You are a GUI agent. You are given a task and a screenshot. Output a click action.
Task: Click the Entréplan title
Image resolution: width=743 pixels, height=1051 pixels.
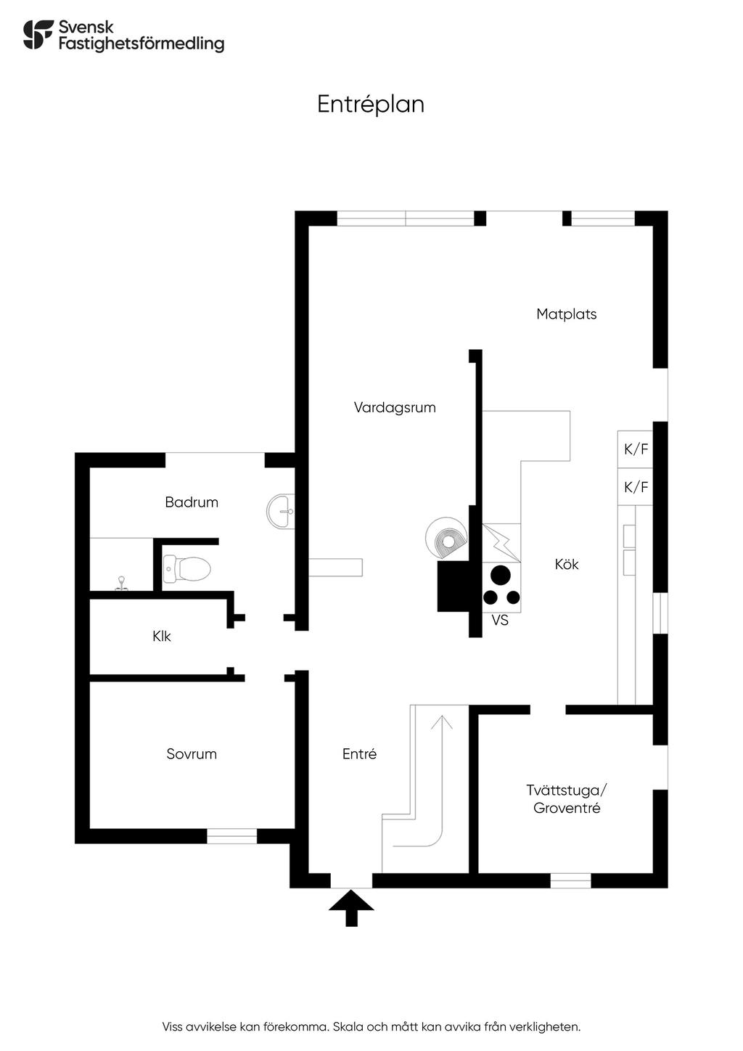[x=370, y=105]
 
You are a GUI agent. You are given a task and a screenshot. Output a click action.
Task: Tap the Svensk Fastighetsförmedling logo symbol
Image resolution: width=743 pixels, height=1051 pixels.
[x=38, y=35]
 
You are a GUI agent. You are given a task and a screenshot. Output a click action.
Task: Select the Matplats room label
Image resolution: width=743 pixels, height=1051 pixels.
[x=566, y=314]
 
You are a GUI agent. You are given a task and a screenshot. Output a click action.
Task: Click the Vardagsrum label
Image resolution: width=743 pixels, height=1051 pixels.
[x=395, y=407]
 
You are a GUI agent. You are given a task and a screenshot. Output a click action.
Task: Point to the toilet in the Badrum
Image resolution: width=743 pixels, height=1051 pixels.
[x=188, y=568]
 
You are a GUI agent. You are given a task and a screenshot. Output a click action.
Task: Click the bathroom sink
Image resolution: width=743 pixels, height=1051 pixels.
[x=281, y=512]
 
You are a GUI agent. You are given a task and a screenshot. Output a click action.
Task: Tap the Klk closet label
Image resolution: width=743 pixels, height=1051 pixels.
[x=162, y=637]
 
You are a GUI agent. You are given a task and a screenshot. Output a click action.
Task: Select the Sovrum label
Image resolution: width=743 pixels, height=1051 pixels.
[x=192, y=754]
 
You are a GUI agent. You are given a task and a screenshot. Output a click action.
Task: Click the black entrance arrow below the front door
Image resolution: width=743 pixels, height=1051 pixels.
[x=351, y=907]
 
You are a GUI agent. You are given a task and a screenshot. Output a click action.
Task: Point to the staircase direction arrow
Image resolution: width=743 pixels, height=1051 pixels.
[x=441, y=726]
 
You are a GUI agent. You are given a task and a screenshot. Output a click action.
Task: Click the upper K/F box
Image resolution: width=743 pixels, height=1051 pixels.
[x=636, y=449]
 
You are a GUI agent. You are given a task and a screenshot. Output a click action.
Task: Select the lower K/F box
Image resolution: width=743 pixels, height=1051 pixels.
[x=636, y=487]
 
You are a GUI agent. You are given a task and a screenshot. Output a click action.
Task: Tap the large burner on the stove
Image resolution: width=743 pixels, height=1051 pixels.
[x=500, y=575]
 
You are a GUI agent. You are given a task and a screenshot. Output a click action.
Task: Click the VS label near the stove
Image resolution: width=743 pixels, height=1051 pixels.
[x=500, y=621]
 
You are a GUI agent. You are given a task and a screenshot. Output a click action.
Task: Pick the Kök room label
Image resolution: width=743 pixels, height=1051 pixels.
[x=567, y=564]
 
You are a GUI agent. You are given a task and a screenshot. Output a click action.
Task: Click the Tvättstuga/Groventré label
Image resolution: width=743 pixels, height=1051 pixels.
[x=567, y=799]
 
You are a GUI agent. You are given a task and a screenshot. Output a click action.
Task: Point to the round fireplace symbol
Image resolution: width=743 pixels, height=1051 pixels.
[x=446, y=538]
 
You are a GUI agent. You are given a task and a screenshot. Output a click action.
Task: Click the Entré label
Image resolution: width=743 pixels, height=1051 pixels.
[x=359, y=754]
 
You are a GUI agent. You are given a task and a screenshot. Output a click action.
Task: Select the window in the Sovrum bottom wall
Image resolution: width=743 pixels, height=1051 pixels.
[x=231, y=836]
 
